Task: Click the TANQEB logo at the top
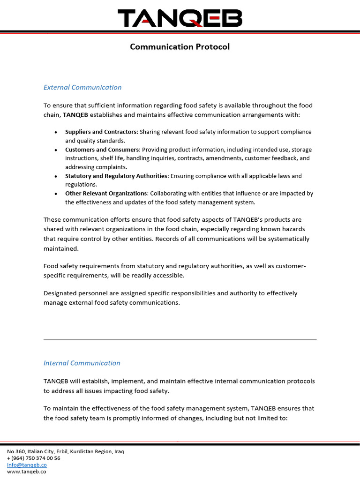180,19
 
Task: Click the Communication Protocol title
180,47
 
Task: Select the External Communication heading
82,87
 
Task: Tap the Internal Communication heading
82,363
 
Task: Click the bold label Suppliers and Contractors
101,132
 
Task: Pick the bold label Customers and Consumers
102,150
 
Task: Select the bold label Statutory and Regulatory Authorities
116,176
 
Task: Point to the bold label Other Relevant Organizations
106,193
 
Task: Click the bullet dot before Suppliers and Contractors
56,133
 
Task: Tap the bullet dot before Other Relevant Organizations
56,194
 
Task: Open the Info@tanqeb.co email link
27,465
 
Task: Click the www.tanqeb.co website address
26,472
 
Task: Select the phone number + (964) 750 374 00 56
33,458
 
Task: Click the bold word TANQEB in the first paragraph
75,115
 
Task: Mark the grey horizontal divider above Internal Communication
180,339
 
